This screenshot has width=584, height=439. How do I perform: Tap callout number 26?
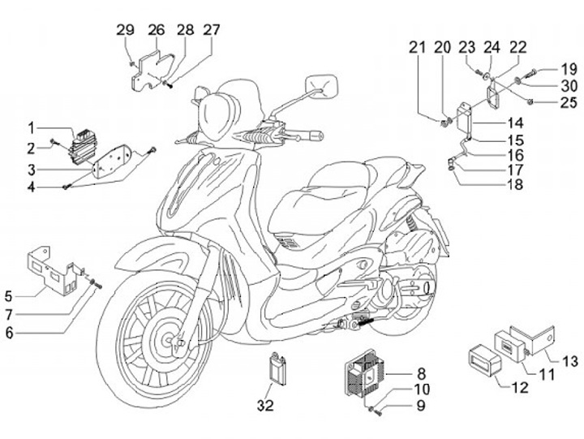point(157,31)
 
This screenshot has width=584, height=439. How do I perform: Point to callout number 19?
point(569,68)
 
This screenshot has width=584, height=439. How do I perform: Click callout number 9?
point(421,405)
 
